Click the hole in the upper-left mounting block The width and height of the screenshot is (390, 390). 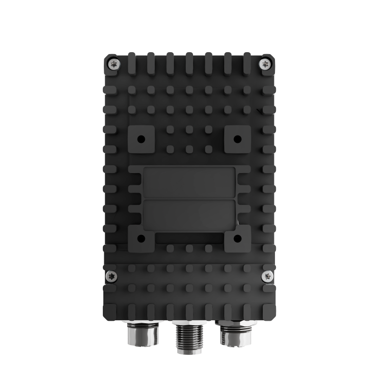tap(141, 139)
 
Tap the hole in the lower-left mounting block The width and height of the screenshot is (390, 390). tap(141, 238)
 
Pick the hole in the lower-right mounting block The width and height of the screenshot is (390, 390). tap(238, 238)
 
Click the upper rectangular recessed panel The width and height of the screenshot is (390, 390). tap(190, 182)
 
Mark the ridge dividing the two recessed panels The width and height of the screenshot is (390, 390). tap(190, 198)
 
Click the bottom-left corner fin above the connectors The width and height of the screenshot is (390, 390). tap(110, 310)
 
